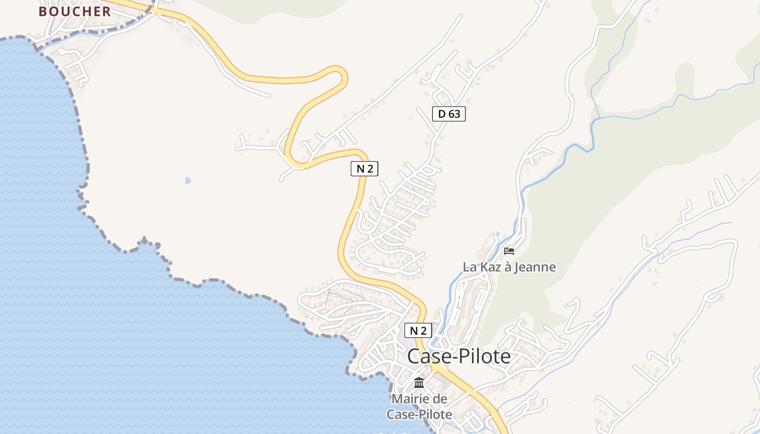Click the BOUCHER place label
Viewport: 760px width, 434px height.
pyautogui.click(x=75, y=11)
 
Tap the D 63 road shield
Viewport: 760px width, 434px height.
pyautogui.click(x=449, y=114)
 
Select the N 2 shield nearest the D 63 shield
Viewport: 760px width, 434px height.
pyautogui.click(x=364, y=169)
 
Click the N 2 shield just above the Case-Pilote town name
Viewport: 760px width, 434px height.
pyautogui.click(x=418, y=330)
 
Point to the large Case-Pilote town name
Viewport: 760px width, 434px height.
pyautogui.click(x=459, y=356)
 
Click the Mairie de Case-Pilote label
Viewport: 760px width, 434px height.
pyautogui.click(x=419, y=406)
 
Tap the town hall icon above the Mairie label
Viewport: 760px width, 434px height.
pyautogui.click(x=419, y=382)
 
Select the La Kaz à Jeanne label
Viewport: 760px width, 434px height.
pyautogui.click(x=509, y=267)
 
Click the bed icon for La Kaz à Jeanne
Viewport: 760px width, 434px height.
pyautogui.click(x=509, y=251)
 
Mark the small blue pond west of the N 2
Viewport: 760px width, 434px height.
pyautogui.click(x=188, y=180)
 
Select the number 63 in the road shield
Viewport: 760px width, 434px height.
pyautogui.click(x=454, y=114)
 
